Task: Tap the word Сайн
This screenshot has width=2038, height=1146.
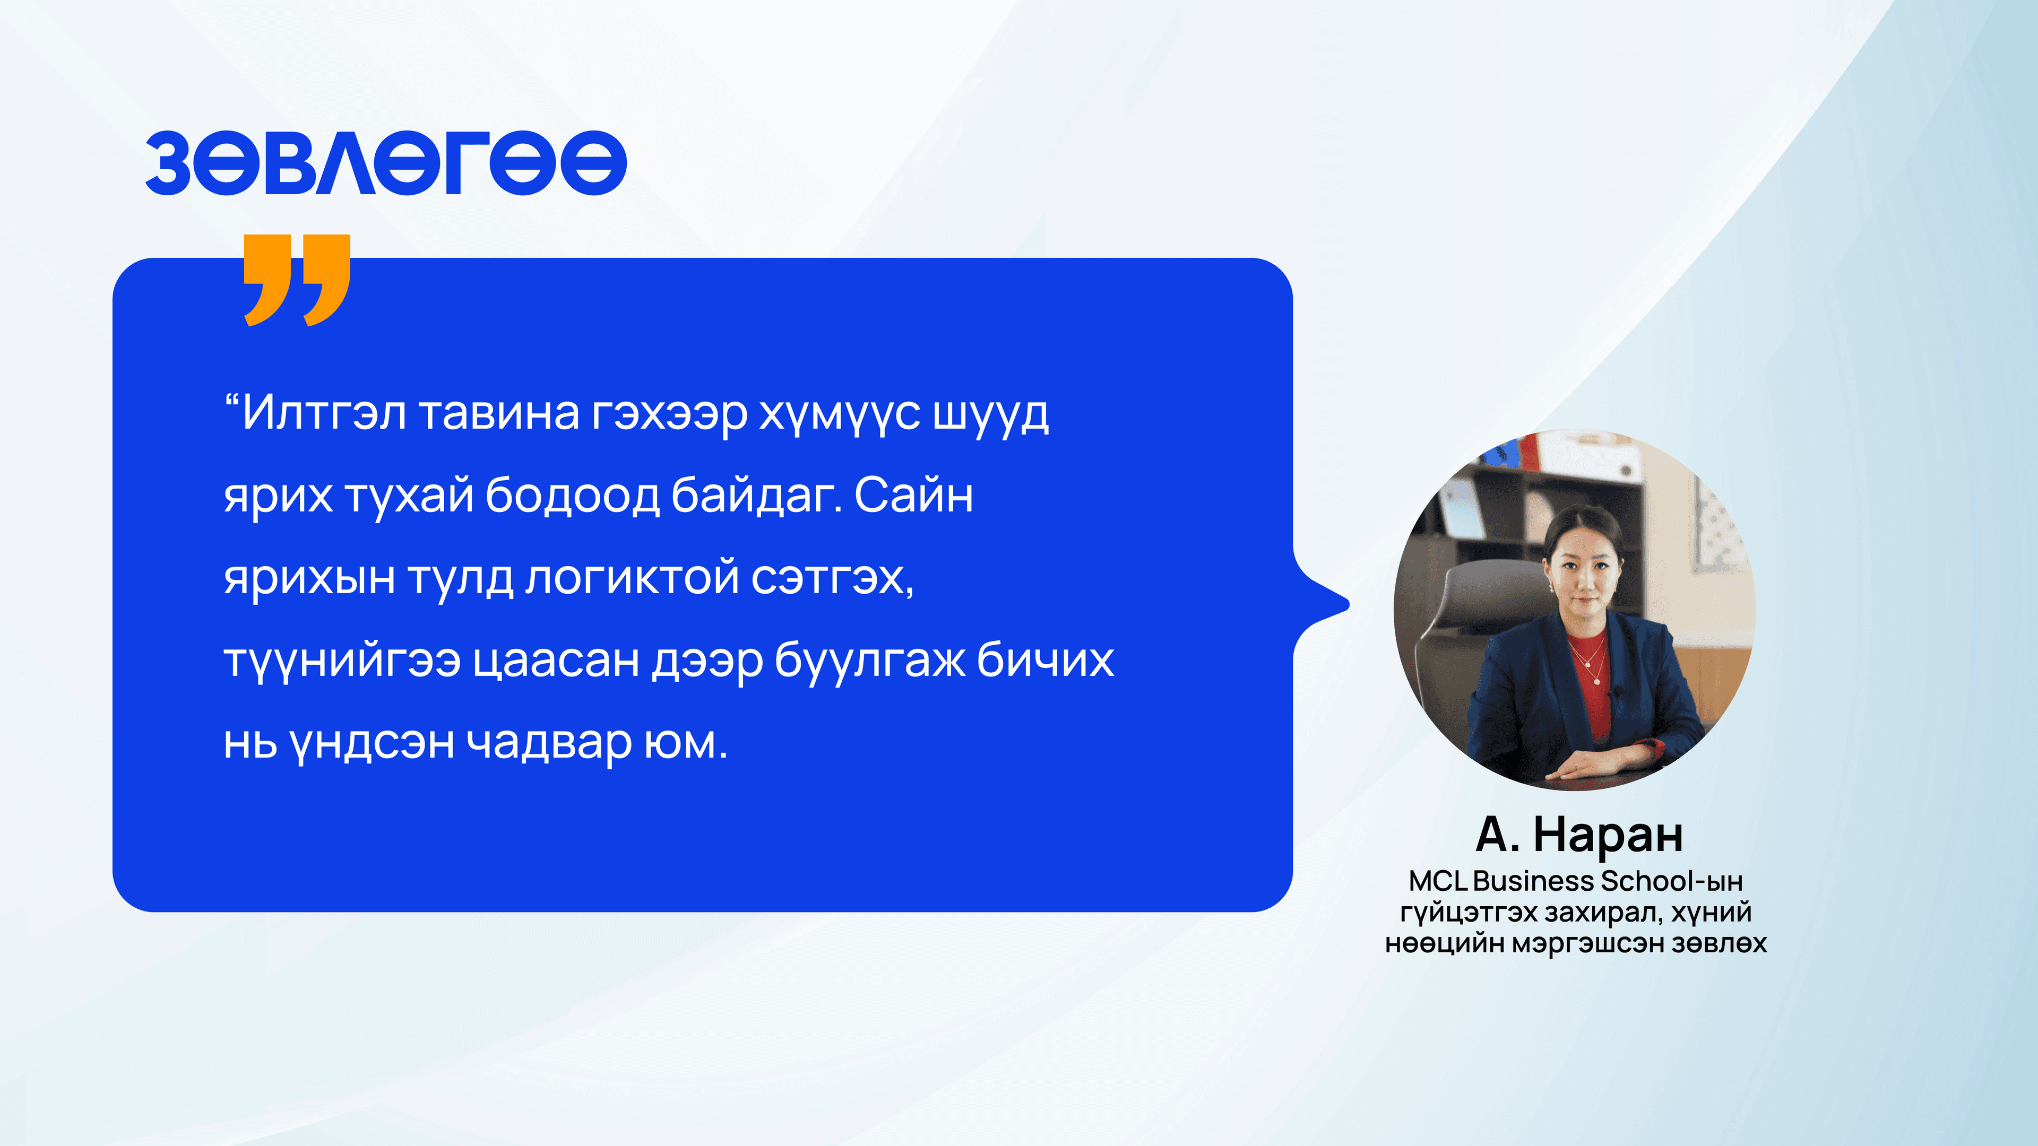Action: point(914,496)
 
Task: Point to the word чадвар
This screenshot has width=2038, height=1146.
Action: point(549,743)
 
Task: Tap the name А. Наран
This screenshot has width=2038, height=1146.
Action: point(1579,835)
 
